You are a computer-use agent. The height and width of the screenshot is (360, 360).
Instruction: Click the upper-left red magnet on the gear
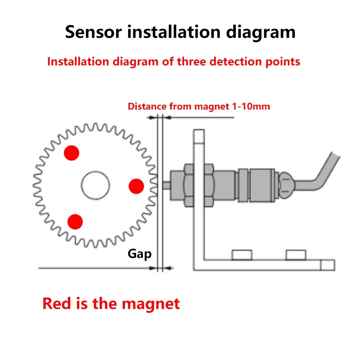[x=71, y=153]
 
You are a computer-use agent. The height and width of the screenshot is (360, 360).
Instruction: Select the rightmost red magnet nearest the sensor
[x=136, y=186]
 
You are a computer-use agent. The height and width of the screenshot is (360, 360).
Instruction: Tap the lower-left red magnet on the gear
[x=75, y=221]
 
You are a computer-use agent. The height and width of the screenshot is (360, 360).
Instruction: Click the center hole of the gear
[x=95, y=185]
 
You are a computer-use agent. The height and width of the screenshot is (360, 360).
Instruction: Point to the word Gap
[x=140, y=254]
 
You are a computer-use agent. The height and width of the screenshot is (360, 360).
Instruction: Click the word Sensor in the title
[x=93, y=32]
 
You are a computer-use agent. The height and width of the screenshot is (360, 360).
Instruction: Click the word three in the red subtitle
[x=193, y=62]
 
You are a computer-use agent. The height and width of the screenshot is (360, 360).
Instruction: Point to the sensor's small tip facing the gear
[x=166, y=186]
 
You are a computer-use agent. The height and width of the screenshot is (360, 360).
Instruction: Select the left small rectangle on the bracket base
[x=242, y=255]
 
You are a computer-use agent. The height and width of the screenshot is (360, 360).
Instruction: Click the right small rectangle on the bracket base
[x=296, y=255]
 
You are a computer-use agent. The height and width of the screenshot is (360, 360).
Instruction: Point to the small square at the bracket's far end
[x=328, y=265]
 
